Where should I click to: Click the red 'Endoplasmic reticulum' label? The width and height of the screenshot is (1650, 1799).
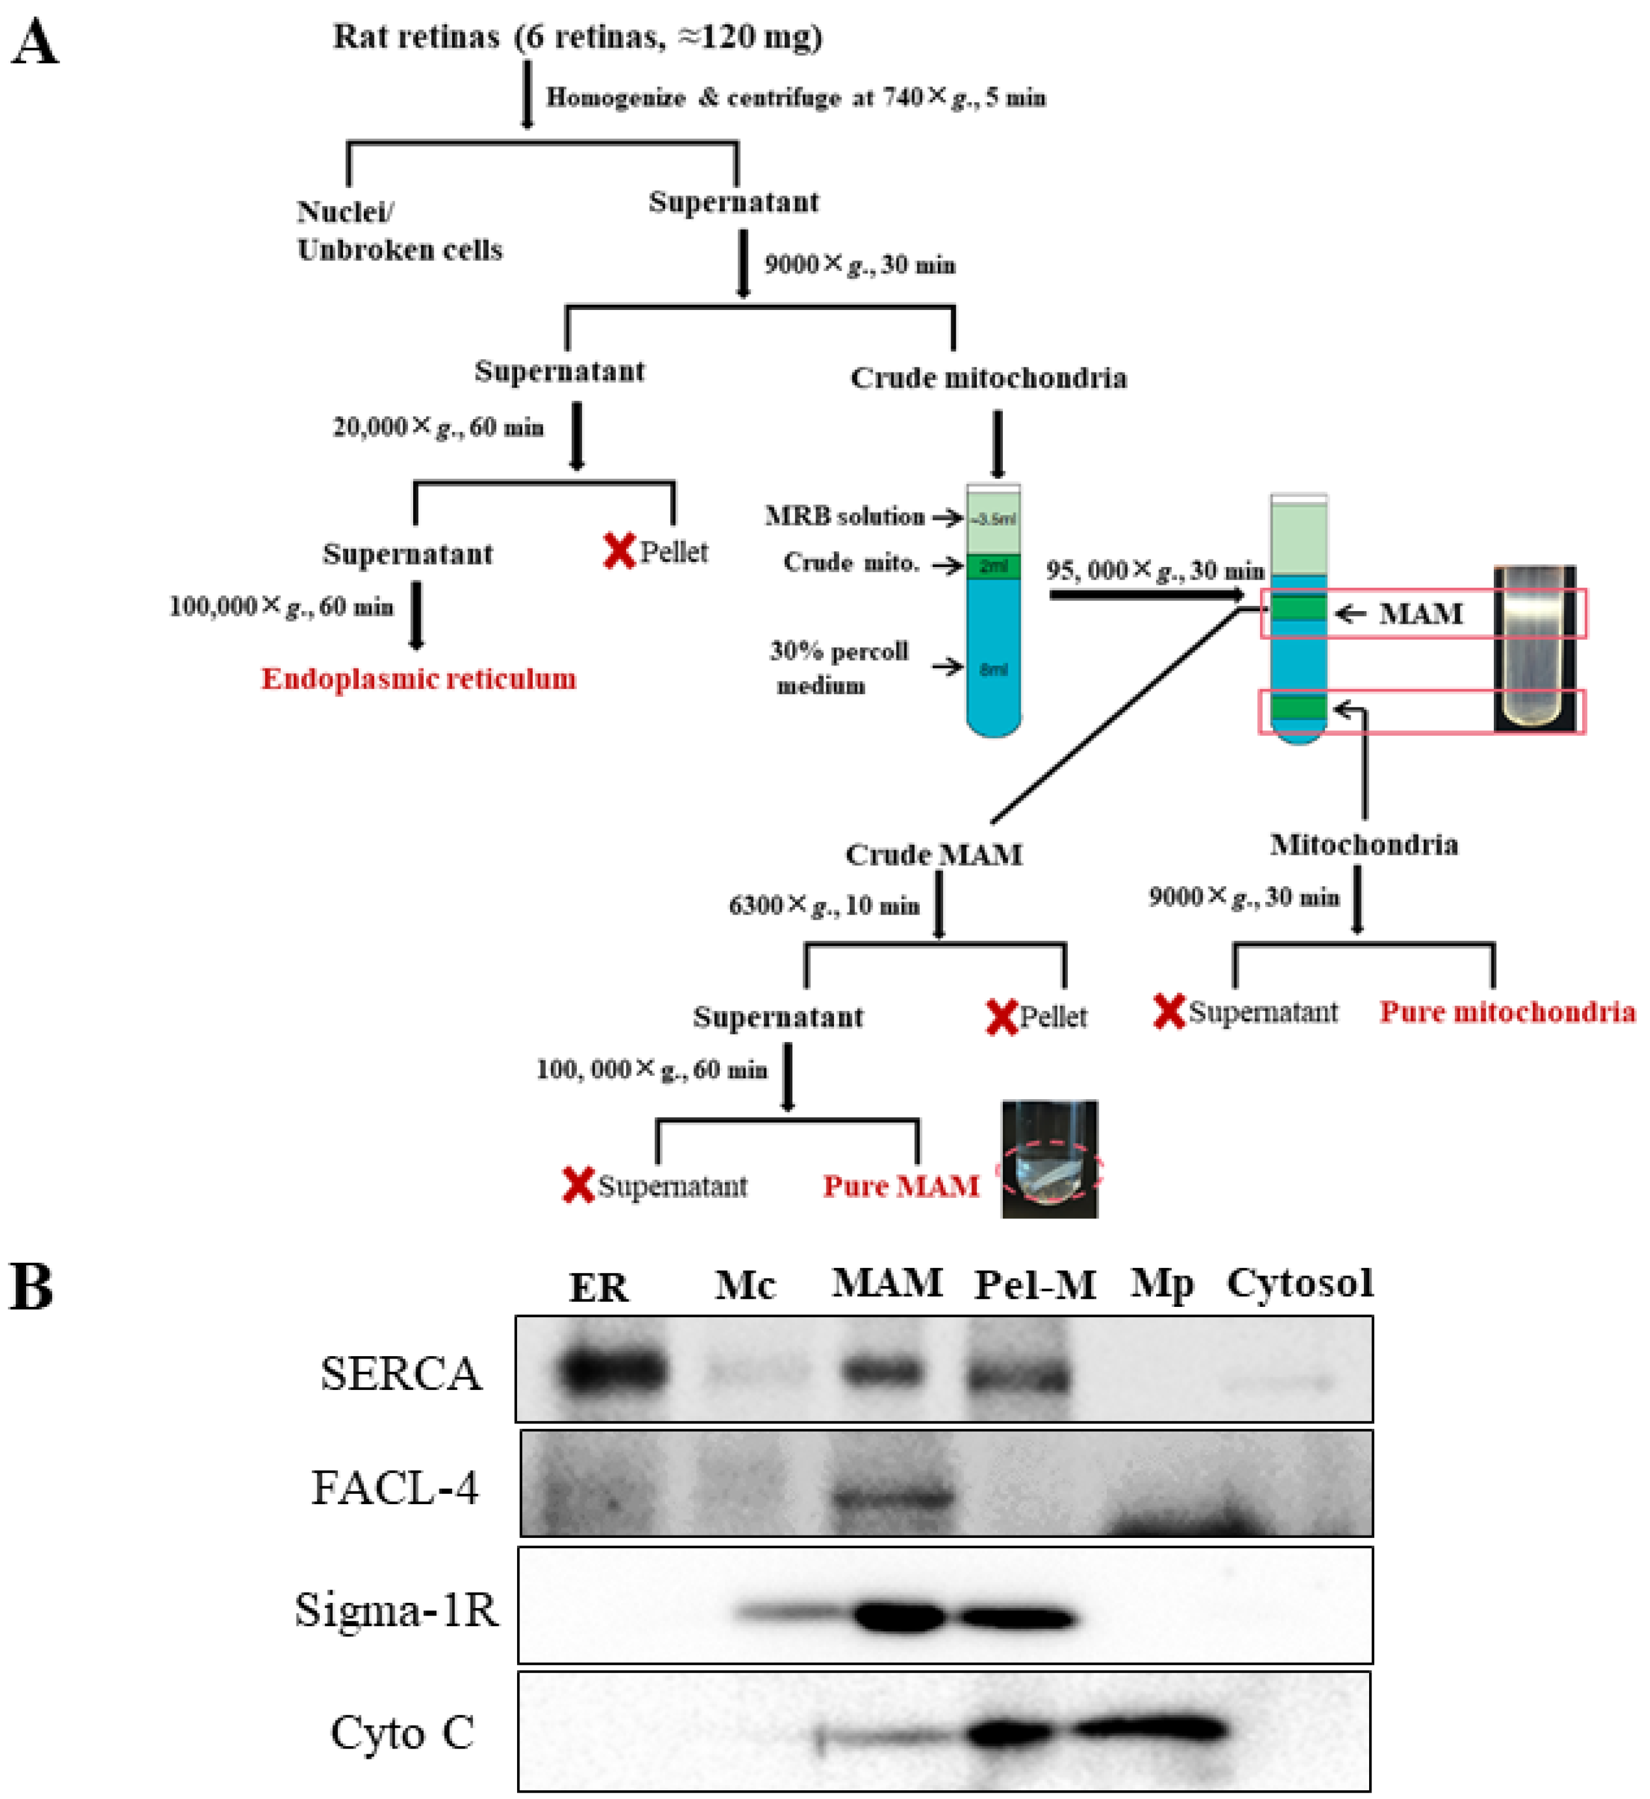418,680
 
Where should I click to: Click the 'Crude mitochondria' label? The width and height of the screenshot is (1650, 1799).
988,378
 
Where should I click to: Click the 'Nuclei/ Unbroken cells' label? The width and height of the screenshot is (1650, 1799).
399,231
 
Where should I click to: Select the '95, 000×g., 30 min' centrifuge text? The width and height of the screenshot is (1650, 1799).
1156,570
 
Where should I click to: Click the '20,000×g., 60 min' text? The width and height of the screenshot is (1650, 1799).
438,428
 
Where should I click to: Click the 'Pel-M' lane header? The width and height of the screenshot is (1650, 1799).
1035,1285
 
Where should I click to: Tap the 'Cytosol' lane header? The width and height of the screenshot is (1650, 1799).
1299,1283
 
